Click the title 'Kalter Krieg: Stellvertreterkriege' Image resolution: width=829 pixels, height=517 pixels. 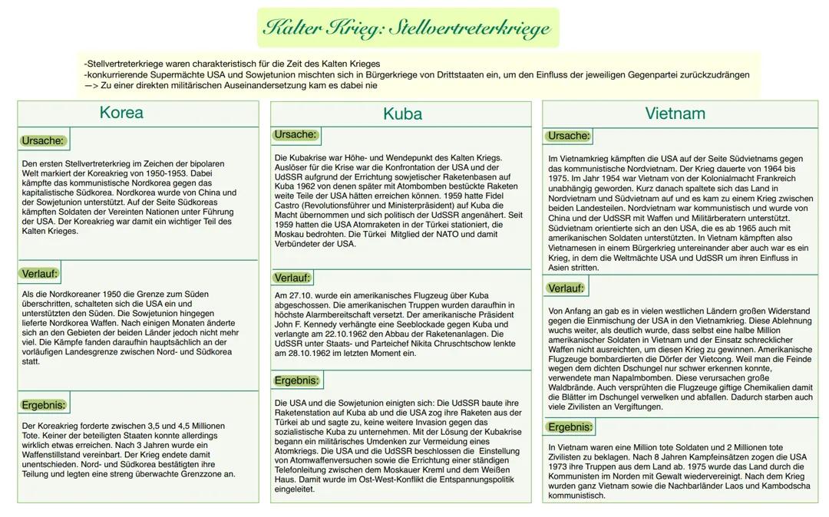click(408, 28)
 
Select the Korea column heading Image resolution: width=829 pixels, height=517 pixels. click(121, 113)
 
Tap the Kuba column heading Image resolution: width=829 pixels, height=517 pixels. click(402, 114)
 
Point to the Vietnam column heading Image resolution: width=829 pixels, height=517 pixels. click(675, 114)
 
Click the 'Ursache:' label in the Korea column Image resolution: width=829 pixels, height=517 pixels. click(43, 140)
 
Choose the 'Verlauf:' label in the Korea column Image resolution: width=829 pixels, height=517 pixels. click(39, 273)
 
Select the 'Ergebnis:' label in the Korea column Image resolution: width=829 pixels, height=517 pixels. click(44, 404)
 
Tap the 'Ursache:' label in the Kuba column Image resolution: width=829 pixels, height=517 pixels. click(295, 135)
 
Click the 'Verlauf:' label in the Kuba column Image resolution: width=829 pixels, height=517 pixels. click(292, 277)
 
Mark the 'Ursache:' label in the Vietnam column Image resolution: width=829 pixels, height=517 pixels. click(569, 136)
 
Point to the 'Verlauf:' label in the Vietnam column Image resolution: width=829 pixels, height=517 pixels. click(566, 288)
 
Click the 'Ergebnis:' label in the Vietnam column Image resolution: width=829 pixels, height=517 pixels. click(570, 426)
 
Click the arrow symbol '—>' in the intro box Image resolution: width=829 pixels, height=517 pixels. click(91, 86)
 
